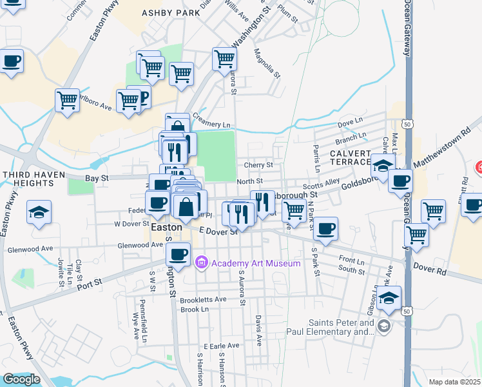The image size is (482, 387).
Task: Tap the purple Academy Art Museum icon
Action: pyautogui.click(x=200, y=263)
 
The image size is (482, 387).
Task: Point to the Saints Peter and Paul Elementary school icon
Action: pyautogui.click(x=385, y=324)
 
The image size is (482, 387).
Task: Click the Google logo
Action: pyautogui.click(x=21, y=379)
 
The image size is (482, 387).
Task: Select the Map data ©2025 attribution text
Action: pyautogui.click(x=454, y=382)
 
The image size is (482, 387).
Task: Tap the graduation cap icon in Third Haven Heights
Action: pyautogui.click(x=39, y=212)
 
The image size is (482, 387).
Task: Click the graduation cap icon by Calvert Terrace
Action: pyautogui.click(x=383, y=165)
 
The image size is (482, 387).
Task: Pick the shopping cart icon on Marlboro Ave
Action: pyautogui.click(x=67, y=101)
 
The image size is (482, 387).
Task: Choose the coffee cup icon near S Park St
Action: pyautogui.click(x=326, y=228)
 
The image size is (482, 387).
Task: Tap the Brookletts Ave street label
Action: pyautogui.click(x=204, y=299)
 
